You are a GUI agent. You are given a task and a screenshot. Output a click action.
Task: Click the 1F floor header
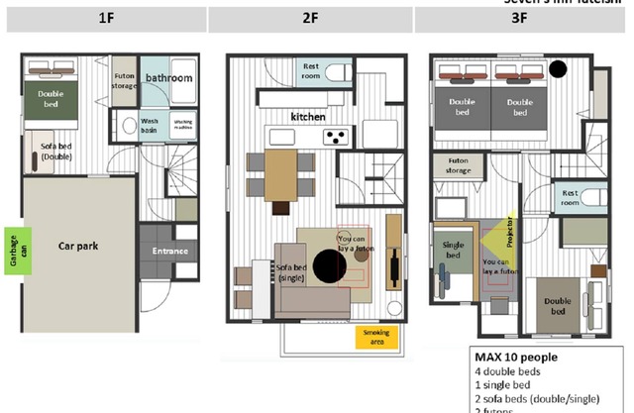pos(104,19)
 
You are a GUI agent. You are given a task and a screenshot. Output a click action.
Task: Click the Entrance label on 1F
pos(168,252)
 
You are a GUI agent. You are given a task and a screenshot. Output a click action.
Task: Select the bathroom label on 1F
pos(169,77)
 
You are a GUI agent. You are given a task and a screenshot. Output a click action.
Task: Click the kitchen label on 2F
pos(308,117)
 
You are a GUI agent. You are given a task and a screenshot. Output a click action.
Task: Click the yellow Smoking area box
pos(375,337)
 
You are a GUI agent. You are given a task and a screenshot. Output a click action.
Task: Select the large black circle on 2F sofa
pos(328,265)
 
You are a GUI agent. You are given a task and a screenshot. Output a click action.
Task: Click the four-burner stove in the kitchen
pos(337,136)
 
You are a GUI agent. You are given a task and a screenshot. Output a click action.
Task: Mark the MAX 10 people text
pos(515,358)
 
